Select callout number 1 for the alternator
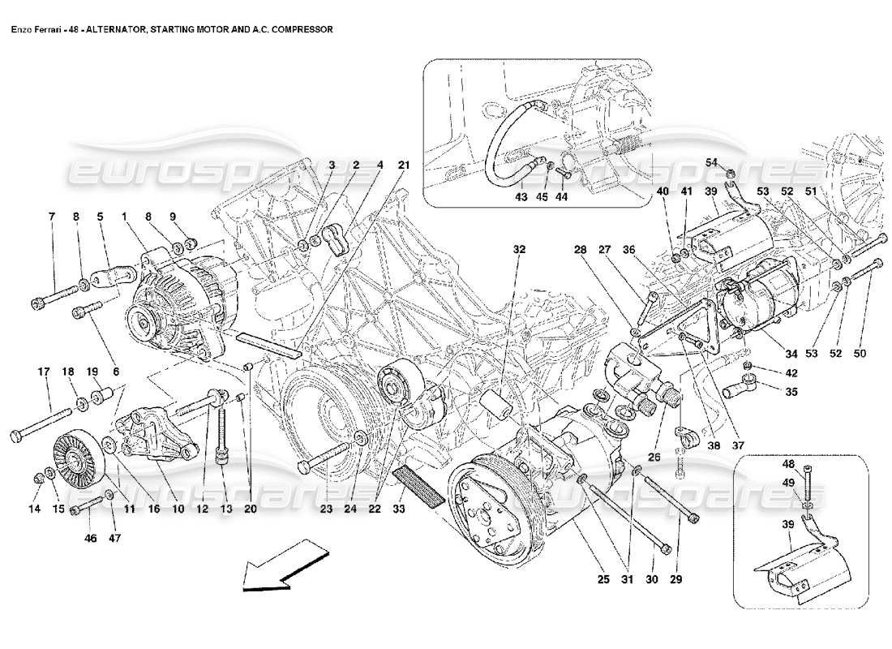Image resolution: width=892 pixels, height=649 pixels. click(124, 217)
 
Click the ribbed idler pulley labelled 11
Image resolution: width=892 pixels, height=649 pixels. click(74, 458)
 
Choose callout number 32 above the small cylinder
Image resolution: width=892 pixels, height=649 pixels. click(519, 250)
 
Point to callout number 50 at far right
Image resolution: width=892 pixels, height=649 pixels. click(861, 354)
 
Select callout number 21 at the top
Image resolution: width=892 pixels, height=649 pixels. click(403, 165)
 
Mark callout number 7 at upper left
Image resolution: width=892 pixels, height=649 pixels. click(51, 217)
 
